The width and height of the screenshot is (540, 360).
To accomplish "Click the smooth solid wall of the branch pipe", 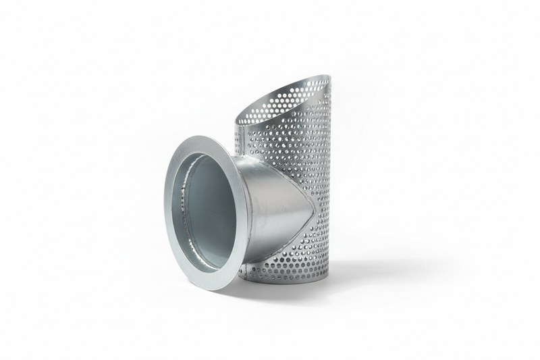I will [x=270, y=203].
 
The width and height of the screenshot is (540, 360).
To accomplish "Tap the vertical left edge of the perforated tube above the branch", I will [x=236, y=138].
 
